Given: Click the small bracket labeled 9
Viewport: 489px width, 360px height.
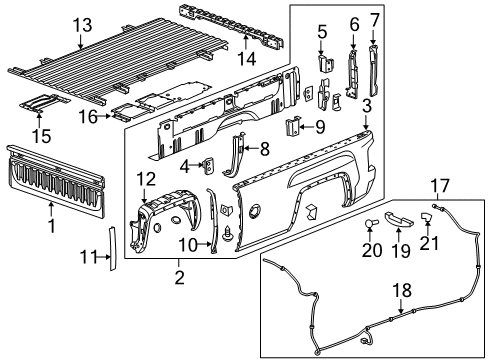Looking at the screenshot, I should coord(293,127).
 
